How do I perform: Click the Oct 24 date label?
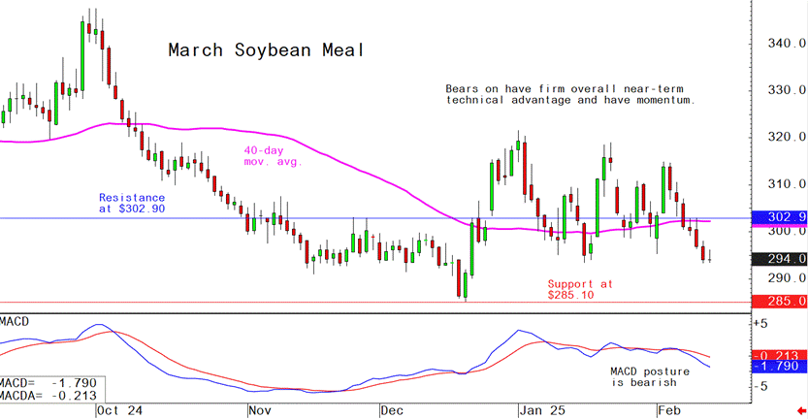point(120,410)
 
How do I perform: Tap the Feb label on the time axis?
point(669,410)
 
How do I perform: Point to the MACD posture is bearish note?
point(649,377)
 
